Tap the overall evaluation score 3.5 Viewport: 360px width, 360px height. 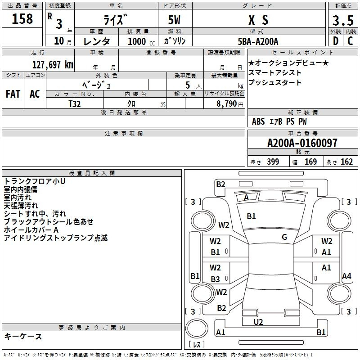[x=342, y=21]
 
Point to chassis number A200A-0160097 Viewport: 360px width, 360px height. [x=302, y=144]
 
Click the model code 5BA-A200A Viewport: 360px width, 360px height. [x=258, y=41]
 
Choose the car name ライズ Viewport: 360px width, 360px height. [x=116, y=20]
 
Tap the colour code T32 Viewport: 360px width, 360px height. [x=75, y=103]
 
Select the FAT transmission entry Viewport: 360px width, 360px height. [x=13, y=94]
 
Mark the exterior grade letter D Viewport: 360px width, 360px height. [x=335, y=41]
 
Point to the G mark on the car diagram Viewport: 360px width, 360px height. [x=284, y=237]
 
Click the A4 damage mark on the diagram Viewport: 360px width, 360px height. [x=346, y=276]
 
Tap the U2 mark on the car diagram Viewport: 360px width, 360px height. [x=258, y=322]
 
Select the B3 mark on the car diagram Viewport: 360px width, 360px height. [x=216, y=279]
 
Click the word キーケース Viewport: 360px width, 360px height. [x=23, y=337]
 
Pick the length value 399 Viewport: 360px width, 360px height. [x=273, y=162]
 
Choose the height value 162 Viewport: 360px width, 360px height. [x=346, y=162]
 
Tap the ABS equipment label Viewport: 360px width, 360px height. [x=258, y=121]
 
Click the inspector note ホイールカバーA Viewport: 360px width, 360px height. [x=31, y=229]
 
